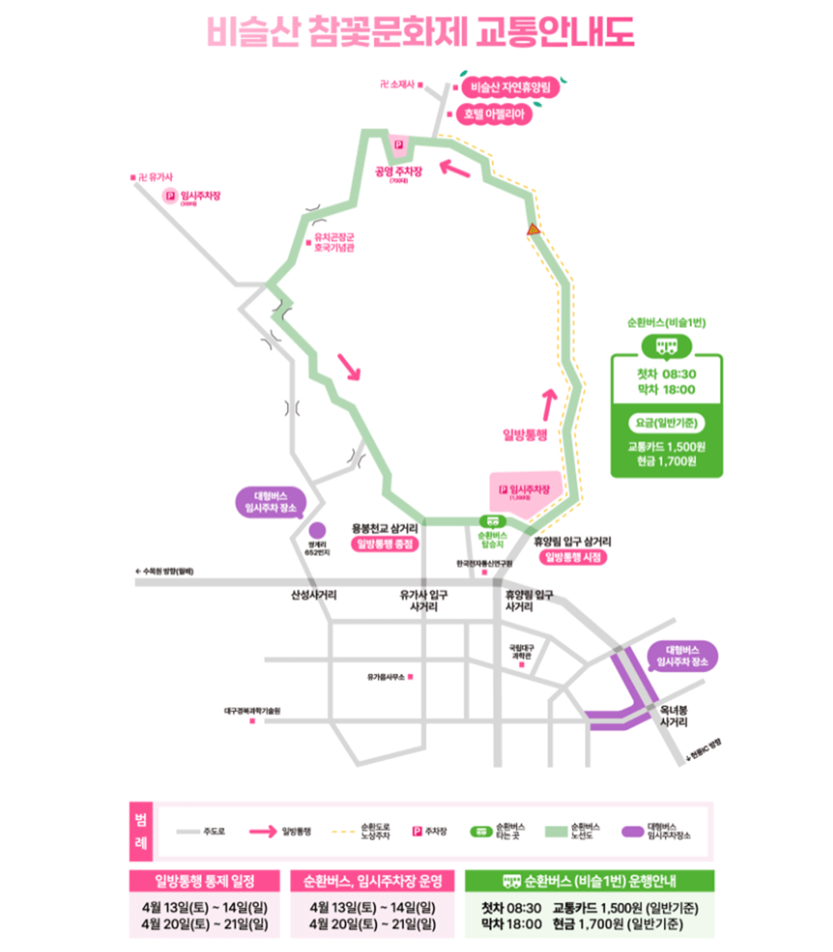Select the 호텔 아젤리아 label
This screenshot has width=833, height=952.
click(x=494, y=114)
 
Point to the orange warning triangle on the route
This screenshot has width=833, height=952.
click(x=533, y=231)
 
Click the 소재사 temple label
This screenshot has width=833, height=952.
click(x=403, y=84)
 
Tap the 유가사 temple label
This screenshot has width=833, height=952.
click(x=149, y=177)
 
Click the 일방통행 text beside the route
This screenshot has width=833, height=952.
click(x=525, y=434)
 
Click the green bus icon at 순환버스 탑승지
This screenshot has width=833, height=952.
click(x=491, y=521)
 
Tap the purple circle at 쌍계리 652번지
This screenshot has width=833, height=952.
click(x=316, y=530)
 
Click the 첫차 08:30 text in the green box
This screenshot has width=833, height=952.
click(x=666, y=374)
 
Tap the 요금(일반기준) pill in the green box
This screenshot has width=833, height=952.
click(x=666, y=422)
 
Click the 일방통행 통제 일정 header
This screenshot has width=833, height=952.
click(x=204, y=880)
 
